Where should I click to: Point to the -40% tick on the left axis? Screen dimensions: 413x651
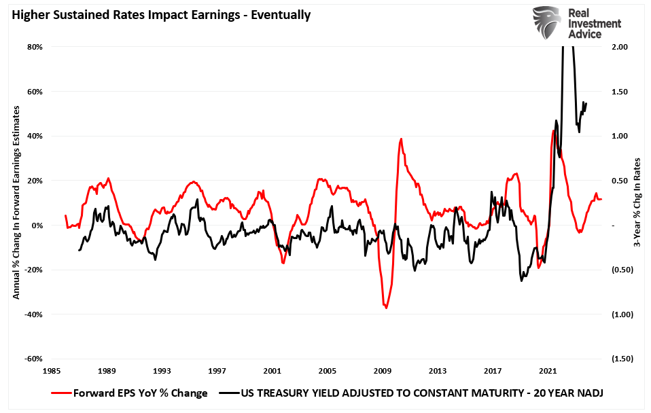coord(34,315)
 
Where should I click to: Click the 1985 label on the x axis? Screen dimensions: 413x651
coord(50,372)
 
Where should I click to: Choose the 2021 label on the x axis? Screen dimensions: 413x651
coord(548,372)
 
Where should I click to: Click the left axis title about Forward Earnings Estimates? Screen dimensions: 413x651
coord(16,203)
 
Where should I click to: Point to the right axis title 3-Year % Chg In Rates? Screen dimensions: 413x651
coord(637,203)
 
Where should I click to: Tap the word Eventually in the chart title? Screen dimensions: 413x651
coord(280,14)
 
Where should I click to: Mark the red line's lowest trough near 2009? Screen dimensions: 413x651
coord(386,308)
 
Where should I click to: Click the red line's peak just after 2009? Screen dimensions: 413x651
coord(401,139)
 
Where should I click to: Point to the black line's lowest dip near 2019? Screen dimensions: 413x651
coord(522,281)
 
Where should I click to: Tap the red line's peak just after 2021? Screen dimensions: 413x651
coord(554,130)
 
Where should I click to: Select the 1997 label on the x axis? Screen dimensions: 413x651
coord(216,372)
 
